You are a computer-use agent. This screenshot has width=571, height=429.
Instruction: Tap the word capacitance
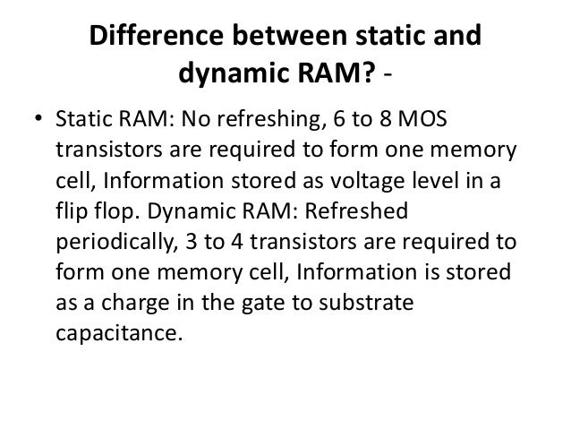click(117, 332)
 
